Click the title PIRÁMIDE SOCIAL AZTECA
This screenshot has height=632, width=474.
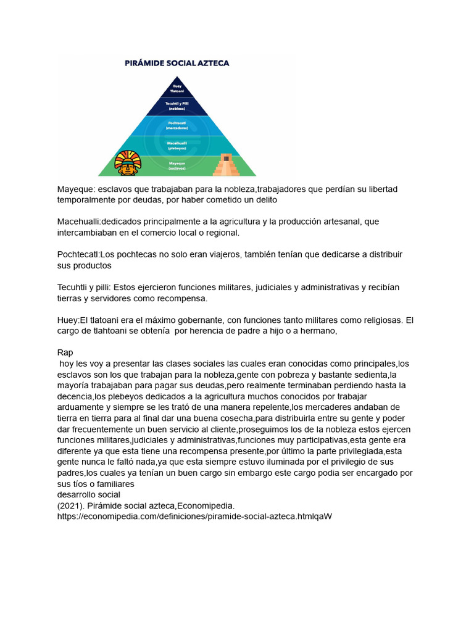tap(177, 62)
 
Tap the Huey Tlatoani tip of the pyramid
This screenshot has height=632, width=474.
tap(178, 88)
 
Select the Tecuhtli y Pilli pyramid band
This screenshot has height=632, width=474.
tap(178, 106)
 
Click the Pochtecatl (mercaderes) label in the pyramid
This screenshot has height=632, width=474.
tap(178, 125)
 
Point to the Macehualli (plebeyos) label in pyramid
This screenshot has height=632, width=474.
tap(178, 145)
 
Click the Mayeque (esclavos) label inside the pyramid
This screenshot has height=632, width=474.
tap(177, 165)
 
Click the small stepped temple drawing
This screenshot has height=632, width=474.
tap(227, 164)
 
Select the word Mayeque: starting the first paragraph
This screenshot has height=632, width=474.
tap(76, 189)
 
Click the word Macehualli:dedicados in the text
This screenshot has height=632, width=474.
tap(101, 222)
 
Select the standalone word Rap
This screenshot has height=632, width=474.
tap(65, 352)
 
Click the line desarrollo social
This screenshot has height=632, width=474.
tap(88, 494)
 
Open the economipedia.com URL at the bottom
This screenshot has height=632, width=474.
tap(194, 517)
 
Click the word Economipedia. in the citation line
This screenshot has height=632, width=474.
tap(206, 505)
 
